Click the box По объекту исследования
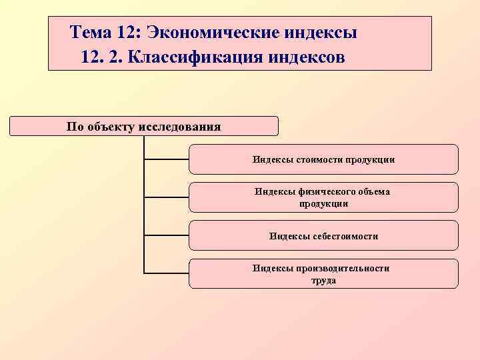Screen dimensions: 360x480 click(x=144, y=126)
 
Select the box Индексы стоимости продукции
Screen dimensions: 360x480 click(x=323, y=159)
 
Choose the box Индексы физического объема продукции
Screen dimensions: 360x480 click(x=323, y=197)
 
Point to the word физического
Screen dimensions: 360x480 click(x=323, y=192)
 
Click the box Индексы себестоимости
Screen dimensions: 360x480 click(x=323, y=235)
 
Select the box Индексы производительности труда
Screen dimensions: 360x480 click(x=323, y=273)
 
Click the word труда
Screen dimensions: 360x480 click(x=323, y=281)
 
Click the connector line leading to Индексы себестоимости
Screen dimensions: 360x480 click(x=167, y=235)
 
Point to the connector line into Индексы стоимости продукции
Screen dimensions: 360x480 click(x=167, y=159)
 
